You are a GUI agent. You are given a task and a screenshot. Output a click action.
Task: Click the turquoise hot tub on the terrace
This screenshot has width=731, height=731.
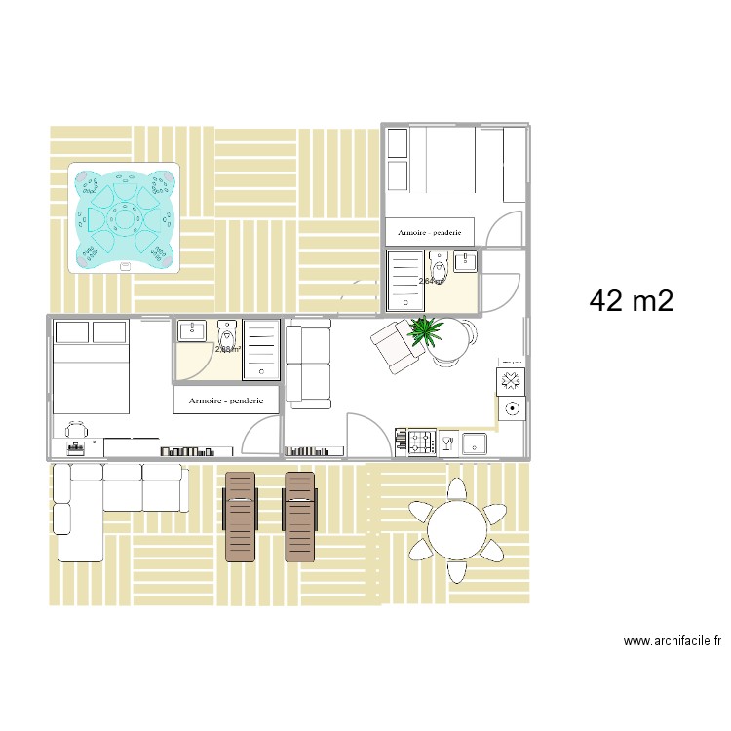click(x=124, y=217)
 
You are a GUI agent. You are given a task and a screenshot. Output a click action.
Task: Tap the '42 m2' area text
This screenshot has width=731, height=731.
click(x=631, y=301)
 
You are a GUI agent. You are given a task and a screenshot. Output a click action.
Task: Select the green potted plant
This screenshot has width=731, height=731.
click(x=426, y=332)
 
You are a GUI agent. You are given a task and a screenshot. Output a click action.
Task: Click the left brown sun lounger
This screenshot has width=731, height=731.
click(x=239, y=516)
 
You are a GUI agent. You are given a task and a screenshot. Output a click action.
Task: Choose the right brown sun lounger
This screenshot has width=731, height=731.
click(x=299, y=516)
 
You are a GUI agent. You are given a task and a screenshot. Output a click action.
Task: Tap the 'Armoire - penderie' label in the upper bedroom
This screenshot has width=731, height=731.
click(x=430, y=232)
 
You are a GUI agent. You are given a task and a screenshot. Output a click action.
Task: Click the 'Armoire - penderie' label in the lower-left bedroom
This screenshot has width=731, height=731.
click(x=226, y=400)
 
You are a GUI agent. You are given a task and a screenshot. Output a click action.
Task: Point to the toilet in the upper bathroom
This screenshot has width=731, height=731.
click(x=440, y=268)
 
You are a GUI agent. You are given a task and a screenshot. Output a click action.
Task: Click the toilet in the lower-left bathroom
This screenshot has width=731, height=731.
click(x=227, y=331)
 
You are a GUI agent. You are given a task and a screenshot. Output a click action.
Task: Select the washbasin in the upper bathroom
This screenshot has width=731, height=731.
click(x=465, y=260)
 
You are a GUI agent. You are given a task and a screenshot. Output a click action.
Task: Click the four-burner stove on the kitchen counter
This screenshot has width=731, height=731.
click(x=419, y=443)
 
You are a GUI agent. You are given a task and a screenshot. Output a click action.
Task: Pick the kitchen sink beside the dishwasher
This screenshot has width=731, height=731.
click(x=475, y=443)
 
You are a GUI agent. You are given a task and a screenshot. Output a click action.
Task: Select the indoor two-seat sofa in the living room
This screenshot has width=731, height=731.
click(x=307, y=365)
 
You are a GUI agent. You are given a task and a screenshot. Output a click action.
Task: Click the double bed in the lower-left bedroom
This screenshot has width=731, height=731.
click(x=91, y=365)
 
